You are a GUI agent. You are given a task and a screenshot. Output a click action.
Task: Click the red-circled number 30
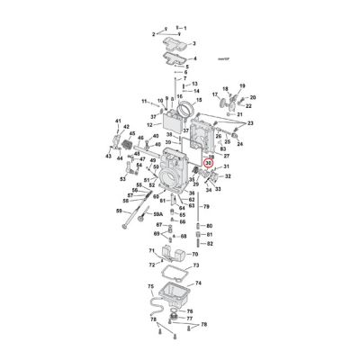[x=209, y=163]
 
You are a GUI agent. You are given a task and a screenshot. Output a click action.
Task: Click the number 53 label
[x=124, y=178]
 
